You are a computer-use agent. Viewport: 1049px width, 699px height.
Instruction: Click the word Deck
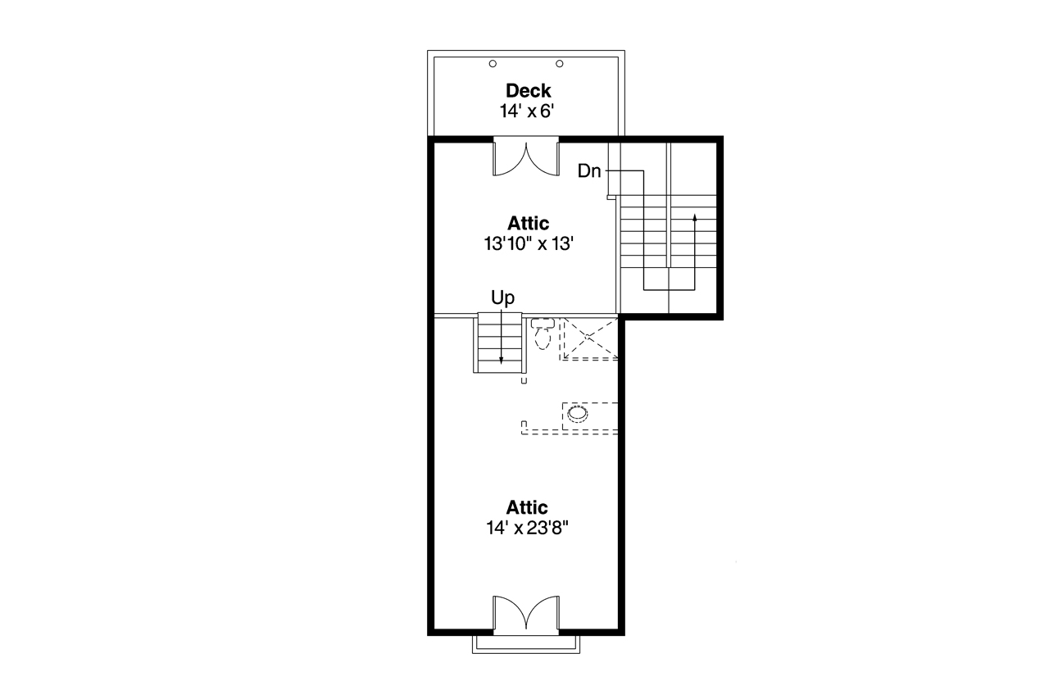coord(528,91)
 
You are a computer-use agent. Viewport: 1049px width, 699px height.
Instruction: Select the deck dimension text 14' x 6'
coord(528,111)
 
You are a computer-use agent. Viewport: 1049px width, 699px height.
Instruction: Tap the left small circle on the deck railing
coord(493,64)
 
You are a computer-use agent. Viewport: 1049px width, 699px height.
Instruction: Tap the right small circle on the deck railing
coord(561,64)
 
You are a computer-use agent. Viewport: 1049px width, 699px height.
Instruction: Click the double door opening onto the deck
coord(525,157)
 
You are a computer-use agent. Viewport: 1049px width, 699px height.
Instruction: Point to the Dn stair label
coord(589,171)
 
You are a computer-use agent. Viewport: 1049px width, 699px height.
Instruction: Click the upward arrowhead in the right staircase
coord(695,218)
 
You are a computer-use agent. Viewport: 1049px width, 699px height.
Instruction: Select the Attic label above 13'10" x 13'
coord(528,223)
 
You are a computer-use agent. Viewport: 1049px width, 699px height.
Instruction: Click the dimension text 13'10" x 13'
coord(528,243)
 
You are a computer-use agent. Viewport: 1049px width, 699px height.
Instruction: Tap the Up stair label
coord(502,297)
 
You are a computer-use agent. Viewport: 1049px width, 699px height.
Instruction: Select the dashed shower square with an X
coord(589,338)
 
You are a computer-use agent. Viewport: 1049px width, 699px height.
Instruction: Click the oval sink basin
coord(578,413)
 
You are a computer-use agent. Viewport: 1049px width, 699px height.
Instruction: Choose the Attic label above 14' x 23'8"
coord(527,508)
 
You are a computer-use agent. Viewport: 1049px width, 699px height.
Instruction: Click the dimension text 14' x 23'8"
coord(527,529)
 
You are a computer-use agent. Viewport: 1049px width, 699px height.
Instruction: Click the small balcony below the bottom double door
coord(525,644)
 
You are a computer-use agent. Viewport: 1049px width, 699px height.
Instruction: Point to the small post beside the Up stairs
coord(524,380)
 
